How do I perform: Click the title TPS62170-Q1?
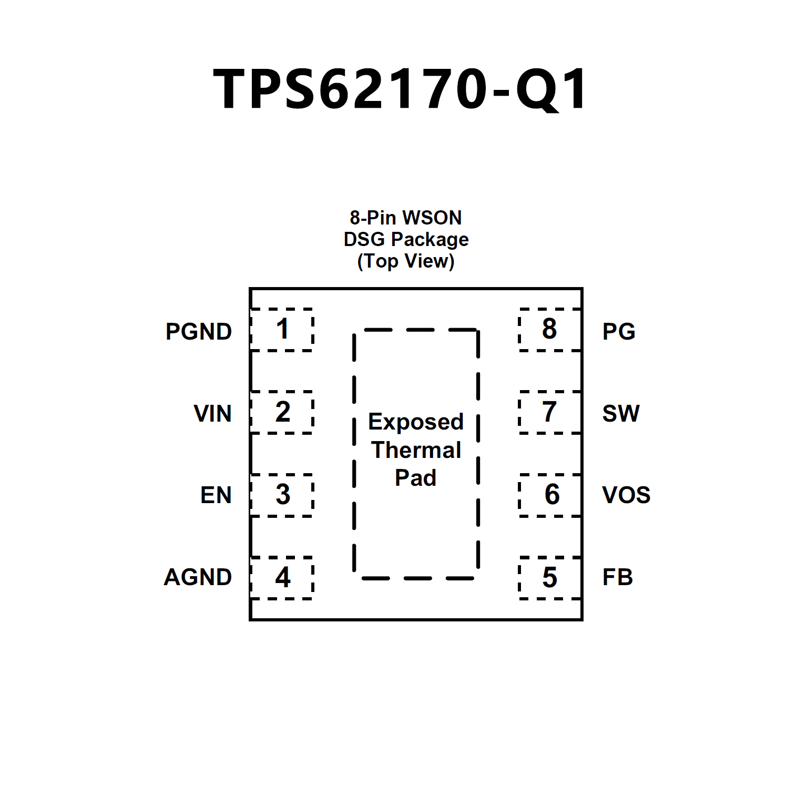click(400, 89)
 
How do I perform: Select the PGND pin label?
click(199, 332)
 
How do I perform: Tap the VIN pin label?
click(212, 414)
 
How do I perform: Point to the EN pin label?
click(216, 495)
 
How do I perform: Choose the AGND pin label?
click(198, 577)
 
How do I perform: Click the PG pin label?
click(619, 332)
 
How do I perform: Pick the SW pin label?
click(621, 414)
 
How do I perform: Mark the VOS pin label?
click(626, 495)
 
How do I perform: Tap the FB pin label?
click(617, 577)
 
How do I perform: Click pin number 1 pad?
click(282, 330)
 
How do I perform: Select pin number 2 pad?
click(282, 412)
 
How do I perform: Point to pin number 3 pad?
click(282, 495)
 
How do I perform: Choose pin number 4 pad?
click(282, 577)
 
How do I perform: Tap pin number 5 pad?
click(549, 577)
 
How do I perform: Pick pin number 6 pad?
click(549, 495)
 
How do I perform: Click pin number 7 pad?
click(549, 412)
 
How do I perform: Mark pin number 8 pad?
click(549, 330)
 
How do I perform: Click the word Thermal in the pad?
click(416, 450)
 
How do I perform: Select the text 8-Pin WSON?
click(405, 218)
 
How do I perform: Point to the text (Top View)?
click(405, 261)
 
